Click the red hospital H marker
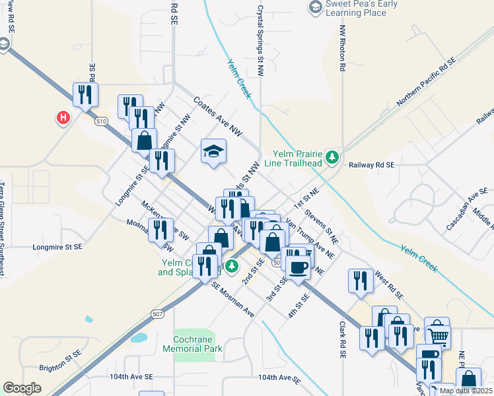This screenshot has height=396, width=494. (63, 118)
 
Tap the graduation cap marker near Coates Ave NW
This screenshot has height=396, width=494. (213, 152)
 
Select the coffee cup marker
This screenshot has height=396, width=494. (298, 266)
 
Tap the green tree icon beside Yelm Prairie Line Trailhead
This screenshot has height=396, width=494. (334, 157)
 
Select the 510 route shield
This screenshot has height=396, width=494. (101, 122)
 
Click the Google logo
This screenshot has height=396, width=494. (22, 388)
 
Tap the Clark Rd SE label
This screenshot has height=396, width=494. (343, 340)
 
